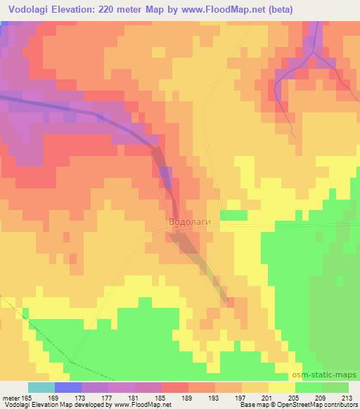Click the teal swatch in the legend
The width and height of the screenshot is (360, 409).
coord(41,387)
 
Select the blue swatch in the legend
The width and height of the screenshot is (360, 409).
coord(67,387)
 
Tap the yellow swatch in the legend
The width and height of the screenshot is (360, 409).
coord(281,387)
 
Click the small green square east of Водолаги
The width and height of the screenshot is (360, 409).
coord(232,214)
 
